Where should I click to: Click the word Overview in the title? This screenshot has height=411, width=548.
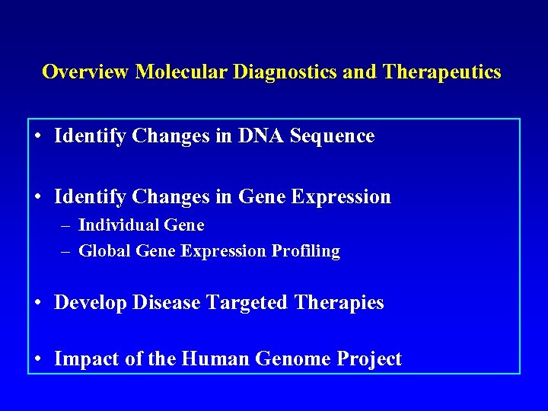coord(86,72)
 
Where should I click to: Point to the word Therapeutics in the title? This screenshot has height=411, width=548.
coord(442,72)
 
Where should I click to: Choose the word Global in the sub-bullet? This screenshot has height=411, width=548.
coord(105,251)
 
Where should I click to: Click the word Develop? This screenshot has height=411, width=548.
coord(91,303)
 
